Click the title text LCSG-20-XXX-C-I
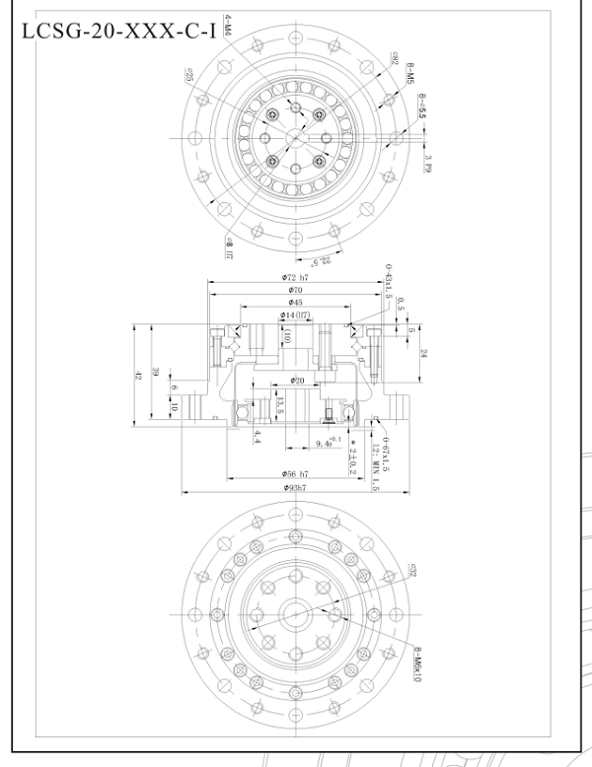click(116, 30)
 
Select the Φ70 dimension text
click(295, 291)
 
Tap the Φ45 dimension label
click(295, 303)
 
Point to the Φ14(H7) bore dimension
click(295, 315)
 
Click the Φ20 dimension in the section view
click(298, 381)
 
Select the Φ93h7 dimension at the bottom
click(295, 487)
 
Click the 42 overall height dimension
click(139, 375)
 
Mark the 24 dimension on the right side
click(423, 353)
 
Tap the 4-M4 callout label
click(226, 25)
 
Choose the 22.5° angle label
click(322, 260)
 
